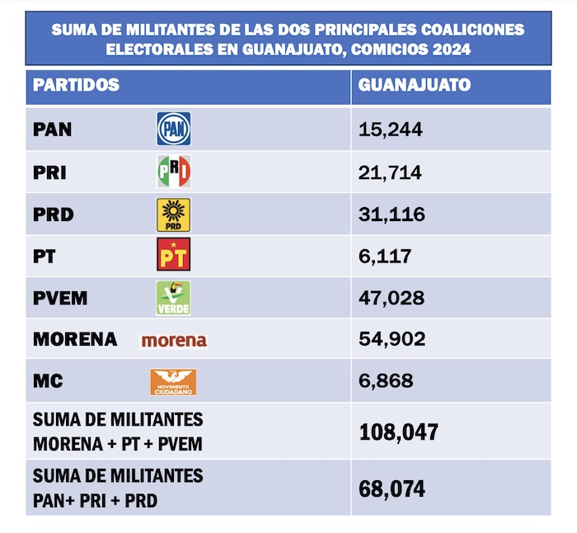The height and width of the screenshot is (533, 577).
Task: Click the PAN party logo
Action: pyautogui.click(x=174, y=129)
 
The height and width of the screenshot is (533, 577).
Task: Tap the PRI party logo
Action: pyautogui.click(x=174, y=172)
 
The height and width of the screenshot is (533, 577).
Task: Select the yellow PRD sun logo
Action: pyautogui.click(x=174, y=215)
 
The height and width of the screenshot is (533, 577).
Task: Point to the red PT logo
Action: pyautogui.click(x=174, y=255)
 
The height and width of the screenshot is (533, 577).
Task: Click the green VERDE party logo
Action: pyautogui.click(x=174, y=298)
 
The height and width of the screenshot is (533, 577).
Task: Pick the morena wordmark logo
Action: pyautogui.click(x=174, y=340)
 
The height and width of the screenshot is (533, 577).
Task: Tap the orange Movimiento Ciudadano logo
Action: pyautogui.click(x=173, y=382)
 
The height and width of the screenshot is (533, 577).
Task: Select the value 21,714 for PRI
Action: pyautogui.click(x=391, y=172)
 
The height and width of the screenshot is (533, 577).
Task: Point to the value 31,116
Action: pyautogui.click(x=392, y=215)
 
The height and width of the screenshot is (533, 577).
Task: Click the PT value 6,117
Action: pyautogui.click(x=385, y=256)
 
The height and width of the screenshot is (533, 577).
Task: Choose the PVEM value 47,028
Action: pyautogui.click(x=392, y=298)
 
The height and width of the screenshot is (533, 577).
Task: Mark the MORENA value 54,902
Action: pyautogui.click(x=392, y=340)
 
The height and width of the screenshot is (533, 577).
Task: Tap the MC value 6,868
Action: pyautogui.click(x=386, y=382)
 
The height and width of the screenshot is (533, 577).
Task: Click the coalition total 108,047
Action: pyautogui.click(x=399, y=432)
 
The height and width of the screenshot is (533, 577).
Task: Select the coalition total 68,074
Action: pyautogui.click(x=392, y=488)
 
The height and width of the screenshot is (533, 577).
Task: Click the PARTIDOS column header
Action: pyautogui.click(x=77, y=85)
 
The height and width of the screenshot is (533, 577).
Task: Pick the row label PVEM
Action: pyautogui.click(x=60, y=298)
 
